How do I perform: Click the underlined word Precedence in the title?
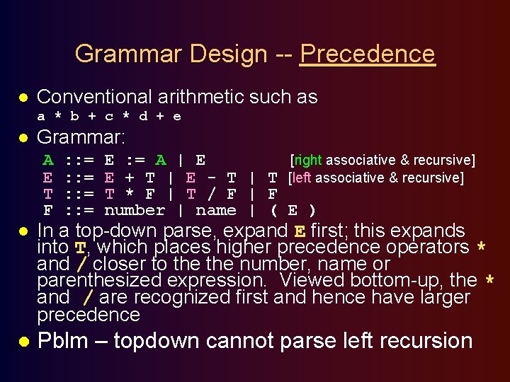coord(367,54)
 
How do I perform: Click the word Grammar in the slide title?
coord(118,54)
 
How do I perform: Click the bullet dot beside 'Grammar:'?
coord(23,137)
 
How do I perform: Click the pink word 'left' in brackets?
coord(302,178)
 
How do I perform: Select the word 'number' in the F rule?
coord(135,210)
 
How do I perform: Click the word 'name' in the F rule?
coord(215,210)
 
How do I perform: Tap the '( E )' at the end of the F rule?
coord(293,210)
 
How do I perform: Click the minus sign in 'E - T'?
coord(211,178)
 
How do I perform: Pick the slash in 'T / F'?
coord(211,194)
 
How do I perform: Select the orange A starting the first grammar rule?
coord(48,160)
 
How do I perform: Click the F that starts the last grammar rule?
coord(48,210)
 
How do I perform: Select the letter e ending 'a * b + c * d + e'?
coord(177,116)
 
